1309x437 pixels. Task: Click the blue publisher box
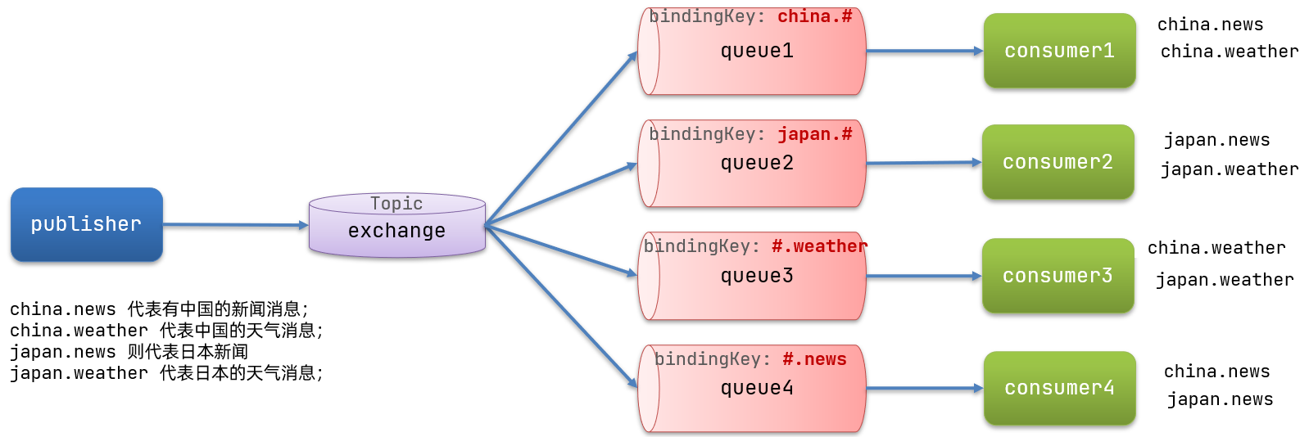point(86,224)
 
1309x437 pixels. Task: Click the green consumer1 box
point(1059,51)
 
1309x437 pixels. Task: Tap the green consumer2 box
point(1058,162)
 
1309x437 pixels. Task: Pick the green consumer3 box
point(1058,276)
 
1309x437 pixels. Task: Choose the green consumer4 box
point(1059,388)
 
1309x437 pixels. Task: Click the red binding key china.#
point(814,16)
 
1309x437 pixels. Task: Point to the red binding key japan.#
point(814,134)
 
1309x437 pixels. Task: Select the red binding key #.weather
point(819,246)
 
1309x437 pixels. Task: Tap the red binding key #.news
point(814,359)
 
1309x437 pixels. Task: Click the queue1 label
point(757,51)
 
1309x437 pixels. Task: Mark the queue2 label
point(757,163)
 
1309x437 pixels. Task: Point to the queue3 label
point(757,276)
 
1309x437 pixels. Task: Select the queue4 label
point(757,388)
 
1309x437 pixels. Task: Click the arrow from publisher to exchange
point(235,224)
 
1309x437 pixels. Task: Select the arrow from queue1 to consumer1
point(924,51)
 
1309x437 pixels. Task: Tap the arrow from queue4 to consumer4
point(924,388)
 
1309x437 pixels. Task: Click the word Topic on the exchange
point(396,203)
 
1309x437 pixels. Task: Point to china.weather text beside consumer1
point(1229,52)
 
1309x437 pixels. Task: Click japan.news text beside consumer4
point(1220,399)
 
